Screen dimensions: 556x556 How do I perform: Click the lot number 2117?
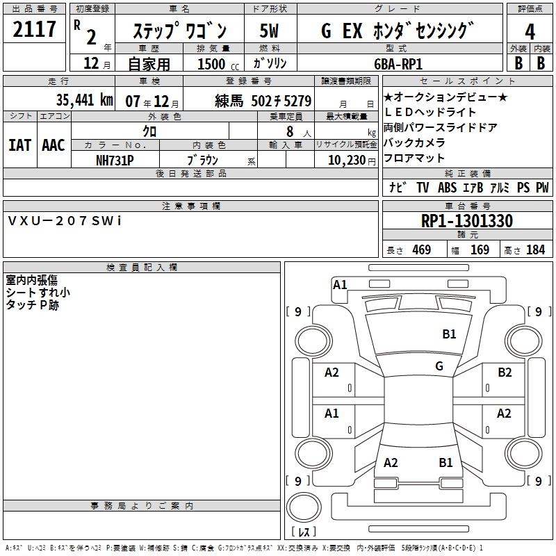click(x=34, y=29)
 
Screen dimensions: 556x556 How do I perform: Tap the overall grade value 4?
click(x=530, y=32)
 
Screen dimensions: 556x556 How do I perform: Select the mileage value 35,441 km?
click(x=84, y=100)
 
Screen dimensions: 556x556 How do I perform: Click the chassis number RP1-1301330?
click(x=467, y=221)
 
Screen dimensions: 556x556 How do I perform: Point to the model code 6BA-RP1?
click(x=398, y=64)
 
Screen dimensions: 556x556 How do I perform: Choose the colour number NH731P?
click(x=115, y=161)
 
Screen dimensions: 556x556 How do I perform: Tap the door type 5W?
click(x=269, y=31)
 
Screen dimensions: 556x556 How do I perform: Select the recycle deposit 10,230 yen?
click(x=352, y=161)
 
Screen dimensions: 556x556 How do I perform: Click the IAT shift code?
click(x=19, y=145)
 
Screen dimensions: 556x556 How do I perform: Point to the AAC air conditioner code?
click(x=54, y=145)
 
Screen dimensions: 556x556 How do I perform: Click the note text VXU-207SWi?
click(x=65, y=221)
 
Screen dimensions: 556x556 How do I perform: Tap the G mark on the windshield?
click(x=439, y=366)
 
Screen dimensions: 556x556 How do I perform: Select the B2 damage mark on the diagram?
click(x=505, y=373)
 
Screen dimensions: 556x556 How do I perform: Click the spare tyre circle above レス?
click(x=304, y=507)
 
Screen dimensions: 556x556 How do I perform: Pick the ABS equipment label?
click(x=447, y=188)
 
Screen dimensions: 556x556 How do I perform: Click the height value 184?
click(x=535, y=250)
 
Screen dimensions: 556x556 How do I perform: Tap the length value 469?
click(x=422, y=250)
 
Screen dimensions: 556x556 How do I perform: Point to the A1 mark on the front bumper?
click(x=340, y=285)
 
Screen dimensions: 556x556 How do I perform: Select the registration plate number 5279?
click(x=297, y=101)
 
